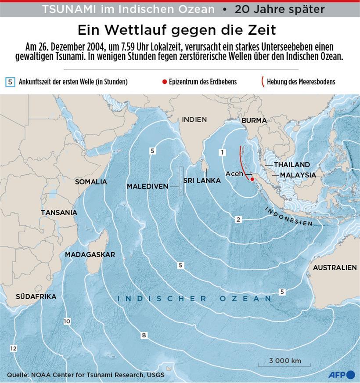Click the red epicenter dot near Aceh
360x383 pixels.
pos(252,179)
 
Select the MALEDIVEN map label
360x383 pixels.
pos(148,186)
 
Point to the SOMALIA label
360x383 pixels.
pos(91,182)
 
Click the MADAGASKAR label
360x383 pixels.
pos(90,255)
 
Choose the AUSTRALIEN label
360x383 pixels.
pos(335,267)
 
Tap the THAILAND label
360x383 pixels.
pos(292,165)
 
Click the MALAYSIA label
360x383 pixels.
pos(298,175)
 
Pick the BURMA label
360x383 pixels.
pos(254,120)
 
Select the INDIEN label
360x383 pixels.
pos(194,119)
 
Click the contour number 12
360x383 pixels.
pos(13,348)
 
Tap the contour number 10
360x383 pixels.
pos(67,322)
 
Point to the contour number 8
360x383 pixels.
pos(144,336)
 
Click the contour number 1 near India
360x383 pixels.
pos(223,152)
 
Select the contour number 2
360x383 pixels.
pos(238,220)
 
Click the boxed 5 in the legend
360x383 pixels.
pos(11,82)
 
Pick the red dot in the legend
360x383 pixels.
pos(164,82)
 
